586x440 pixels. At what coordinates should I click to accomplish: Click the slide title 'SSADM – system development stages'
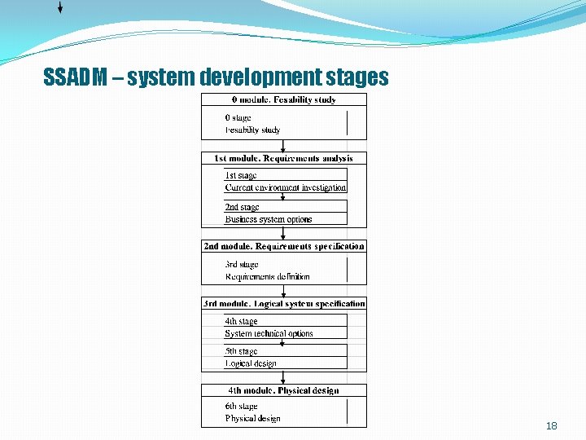pos(216,77)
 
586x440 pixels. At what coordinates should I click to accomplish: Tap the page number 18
pos(551,426)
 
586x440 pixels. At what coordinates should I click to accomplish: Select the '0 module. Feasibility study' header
pos(283,99)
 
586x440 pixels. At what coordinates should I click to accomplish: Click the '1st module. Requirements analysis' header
pos(283,158)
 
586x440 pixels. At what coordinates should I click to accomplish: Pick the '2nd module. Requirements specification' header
pos(283,246)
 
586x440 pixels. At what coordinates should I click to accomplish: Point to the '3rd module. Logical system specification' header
pos(283,303)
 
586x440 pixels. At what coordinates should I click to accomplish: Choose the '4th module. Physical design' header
pos(283,390)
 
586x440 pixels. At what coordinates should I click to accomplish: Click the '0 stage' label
pos(238,118)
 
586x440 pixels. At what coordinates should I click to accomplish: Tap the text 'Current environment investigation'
pos(285,187)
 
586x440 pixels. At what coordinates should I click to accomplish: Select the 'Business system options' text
pos(268,219)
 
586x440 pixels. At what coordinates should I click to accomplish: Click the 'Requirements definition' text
pos(267,276)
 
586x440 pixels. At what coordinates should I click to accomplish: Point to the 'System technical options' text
pos(269,333)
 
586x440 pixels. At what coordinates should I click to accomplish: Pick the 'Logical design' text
pos(250,363)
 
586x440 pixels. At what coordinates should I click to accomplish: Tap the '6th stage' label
pos(241,406)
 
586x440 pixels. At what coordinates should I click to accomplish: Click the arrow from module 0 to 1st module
pos(283,146)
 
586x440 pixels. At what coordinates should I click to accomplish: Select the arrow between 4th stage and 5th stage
pos(283,342)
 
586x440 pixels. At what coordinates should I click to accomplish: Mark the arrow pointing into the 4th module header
pos(283,378)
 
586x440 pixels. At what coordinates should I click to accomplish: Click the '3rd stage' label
pos(241,264)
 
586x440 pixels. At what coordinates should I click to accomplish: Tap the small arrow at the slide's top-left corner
pos(60,8)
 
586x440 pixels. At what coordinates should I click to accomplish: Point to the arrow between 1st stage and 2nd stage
pos(283,197)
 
